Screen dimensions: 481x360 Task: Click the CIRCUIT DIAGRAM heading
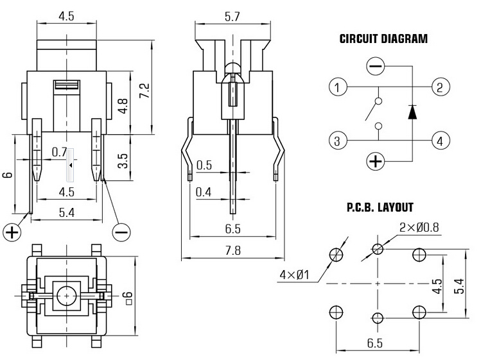[x=383, y=39]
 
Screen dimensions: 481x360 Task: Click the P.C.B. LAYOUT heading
[x=380, y=208]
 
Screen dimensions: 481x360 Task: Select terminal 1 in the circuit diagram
[x=338, y=87]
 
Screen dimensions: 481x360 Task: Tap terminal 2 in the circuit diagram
[x=441, y=87]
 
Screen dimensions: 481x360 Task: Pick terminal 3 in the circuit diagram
[x=338, y=141]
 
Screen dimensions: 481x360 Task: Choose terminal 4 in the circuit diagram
[x=441, y=141]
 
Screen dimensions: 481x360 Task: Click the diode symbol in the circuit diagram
[x=412, y=112]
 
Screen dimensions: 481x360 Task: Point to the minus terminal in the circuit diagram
[x=376, y=66]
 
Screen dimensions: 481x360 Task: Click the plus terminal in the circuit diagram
[x=376, y=160]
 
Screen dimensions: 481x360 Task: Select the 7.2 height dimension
[x=144, y=90]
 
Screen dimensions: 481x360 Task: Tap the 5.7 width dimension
[x=232, y=16]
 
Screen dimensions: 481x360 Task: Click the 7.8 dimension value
[x=233, y=250]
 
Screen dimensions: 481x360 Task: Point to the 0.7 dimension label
[x=60, y=152]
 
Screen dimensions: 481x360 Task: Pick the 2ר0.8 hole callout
[x=419, y=228]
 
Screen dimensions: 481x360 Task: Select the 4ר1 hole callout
[x=295, y=275]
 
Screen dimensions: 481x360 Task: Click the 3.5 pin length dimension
[x=123, y=161]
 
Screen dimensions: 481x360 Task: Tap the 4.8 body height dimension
[x=123, y=106]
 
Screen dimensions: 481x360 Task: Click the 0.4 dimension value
[x=204, y=193]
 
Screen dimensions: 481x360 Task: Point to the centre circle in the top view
[x=67, y=296]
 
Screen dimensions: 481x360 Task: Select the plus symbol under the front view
[x=12, y=232]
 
